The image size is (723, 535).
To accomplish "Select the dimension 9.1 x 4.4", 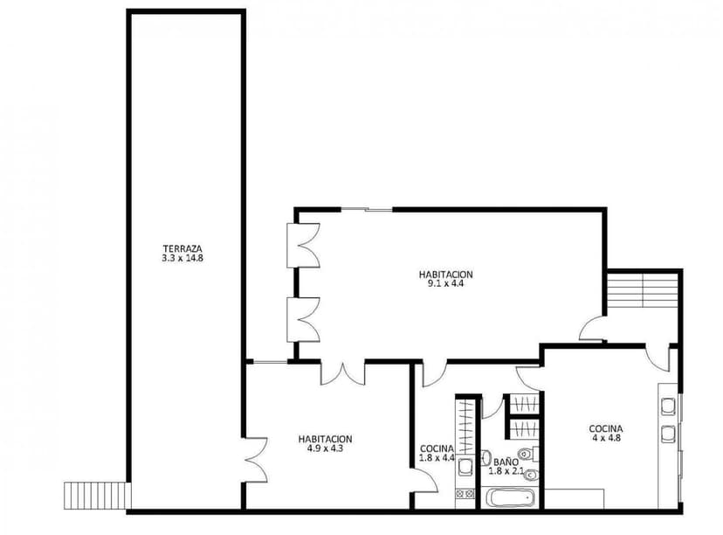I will (445, 283).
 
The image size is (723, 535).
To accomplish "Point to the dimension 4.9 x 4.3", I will (325, 449).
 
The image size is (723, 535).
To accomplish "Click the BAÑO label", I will (505, 462).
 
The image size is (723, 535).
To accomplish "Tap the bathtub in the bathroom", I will (511, 499).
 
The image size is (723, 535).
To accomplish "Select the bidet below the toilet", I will (532, 475).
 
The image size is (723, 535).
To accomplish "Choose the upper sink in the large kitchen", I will (669, 406).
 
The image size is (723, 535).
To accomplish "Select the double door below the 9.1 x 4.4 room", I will (341, 373).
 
